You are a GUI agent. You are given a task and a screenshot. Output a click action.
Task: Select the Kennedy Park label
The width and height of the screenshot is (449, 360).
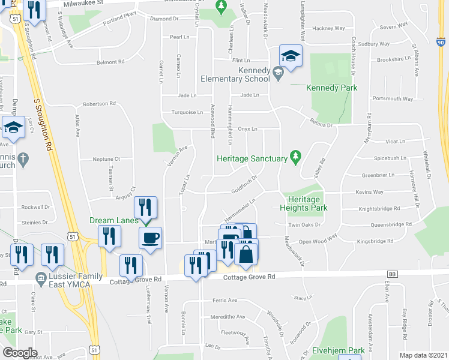point(331,88)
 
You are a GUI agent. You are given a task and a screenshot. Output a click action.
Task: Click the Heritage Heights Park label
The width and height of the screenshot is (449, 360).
point(303,203)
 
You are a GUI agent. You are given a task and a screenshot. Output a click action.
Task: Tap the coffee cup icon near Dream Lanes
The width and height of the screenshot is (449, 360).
point(150,236)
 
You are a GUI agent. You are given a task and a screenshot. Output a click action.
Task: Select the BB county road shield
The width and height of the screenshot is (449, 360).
point(393,274)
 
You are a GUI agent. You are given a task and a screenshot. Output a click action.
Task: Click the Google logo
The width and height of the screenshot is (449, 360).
point(20,353)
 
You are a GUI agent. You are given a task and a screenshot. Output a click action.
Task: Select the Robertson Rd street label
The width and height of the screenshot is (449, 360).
point(99,103)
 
